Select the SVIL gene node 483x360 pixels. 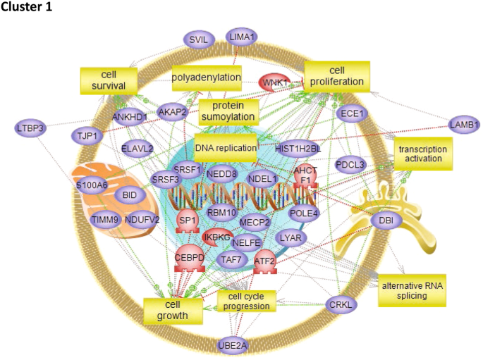coord(198,40)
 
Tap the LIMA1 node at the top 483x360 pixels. coord(242,37)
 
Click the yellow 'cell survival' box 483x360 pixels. coord(108,80)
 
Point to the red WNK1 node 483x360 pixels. coord(276,82)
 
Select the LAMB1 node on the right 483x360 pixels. coord(464,125)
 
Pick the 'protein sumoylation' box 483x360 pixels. coord(228,111)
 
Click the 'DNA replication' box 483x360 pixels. coord(225,147)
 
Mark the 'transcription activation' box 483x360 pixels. coord(424,154)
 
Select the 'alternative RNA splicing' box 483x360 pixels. coord(412,290)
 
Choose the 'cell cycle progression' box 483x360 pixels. coord(243,301)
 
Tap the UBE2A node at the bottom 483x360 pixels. coord(233,345)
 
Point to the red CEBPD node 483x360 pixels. coord(189,258)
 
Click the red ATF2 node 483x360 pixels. coord(264,261)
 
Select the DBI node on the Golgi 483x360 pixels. coord(387,221)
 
